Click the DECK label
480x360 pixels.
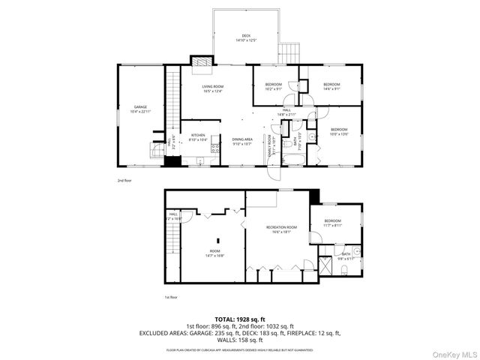[246, 37]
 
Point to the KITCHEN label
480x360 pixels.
[197, 137]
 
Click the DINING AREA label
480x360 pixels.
[241, 141]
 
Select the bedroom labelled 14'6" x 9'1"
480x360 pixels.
[331, 86]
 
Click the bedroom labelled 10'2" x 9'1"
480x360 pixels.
[273, 86]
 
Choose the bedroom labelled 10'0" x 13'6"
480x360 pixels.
[340, 132]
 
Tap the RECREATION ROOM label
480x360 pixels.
[282, 229]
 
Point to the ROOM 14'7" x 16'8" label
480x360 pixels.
[215, 253]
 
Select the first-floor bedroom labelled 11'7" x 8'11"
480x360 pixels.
[332, 223]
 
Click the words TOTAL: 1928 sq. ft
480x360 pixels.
[240, 319]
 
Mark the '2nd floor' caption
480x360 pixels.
[124, 180]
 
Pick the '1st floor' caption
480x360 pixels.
[171, 297]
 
